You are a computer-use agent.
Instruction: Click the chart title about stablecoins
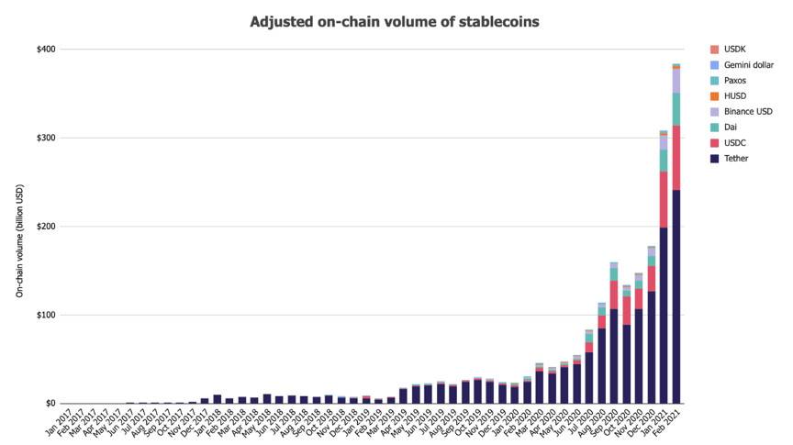pyautogui.click(x=396, y=20)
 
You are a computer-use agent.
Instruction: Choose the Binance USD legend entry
pyautogui.click(x=747, y=111)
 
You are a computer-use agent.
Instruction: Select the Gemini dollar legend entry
pyautogui.click(x=748, y=65)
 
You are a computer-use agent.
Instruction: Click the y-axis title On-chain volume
pyautogui.click(x=19, y=226)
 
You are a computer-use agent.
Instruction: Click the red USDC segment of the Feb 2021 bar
pyautogui.click(x=676, y=158)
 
